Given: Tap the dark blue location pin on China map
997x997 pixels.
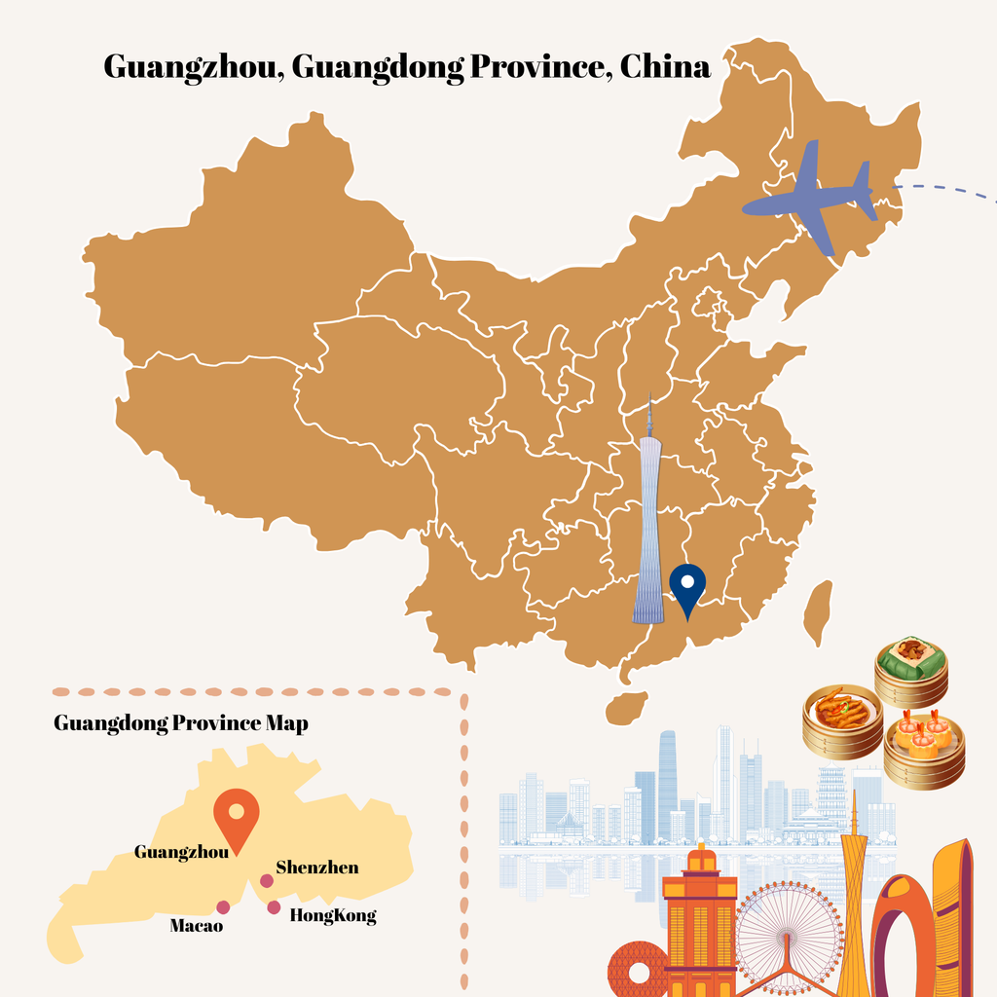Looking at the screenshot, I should tap(688, 586).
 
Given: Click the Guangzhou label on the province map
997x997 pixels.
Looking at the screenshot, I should tap(181, 852).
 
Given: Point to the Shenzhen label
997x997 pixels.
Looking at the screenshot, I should tap(316, 868).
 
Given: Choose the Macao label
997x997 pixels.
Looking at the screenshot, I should tap(197, 925).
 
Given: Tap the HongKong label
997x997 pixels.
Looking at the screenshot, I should tap(333, 916).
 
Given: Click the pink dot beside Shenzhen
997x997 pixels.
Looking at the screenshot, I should tap(266, 881).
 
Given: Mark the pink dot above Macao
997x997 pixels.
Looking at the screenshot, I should tap(224, 907).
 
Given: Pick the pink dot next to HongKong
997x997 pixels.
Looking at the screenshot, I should tap(274, 907).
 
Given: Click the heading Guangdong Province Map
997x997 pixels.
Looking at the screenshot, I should tap(180, 723).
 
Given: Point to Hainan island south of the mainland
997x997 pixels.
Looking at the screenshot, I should tap(626, 708).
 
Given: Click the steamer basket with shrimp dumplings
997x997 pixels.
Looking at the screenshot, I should tap(924, 750).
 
